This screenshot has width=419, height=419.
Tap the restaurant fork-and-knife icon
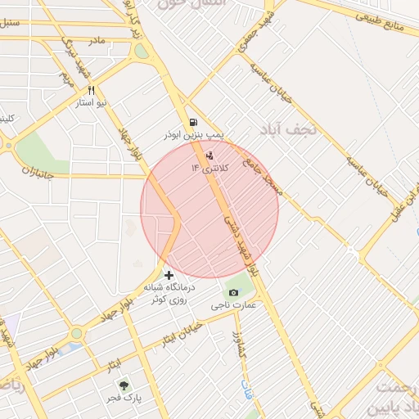(91, 91)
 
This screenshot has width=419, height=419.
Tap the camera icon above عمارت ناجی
(233, 293)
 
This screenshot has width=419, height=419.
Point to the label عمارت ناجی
(234, 305)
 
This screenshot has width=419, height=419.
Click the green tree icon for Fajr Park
(124, 385)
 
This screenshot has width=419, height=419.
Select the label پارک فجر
(126, 399)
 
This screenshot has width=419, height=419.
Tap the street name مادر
(96, 39)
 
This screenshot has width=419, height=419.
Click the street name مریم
(66, 79)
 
